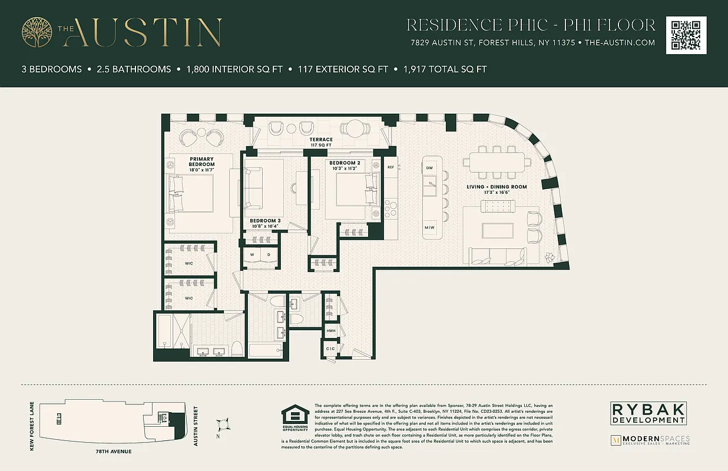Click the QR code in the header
(686, 35)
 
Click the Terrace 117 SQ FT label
(322, 142)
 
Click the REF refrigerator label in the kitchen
(391, 167)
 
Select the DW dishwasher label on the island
(429, 168)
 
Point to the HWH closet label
(331, 331)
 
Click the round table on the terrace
(355, 128)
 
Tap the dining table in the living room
(493, 162)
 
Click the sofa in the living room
(497, 255)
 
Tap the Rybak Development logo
(647, 413)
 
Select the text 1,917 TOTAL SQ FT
(445, 69)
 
